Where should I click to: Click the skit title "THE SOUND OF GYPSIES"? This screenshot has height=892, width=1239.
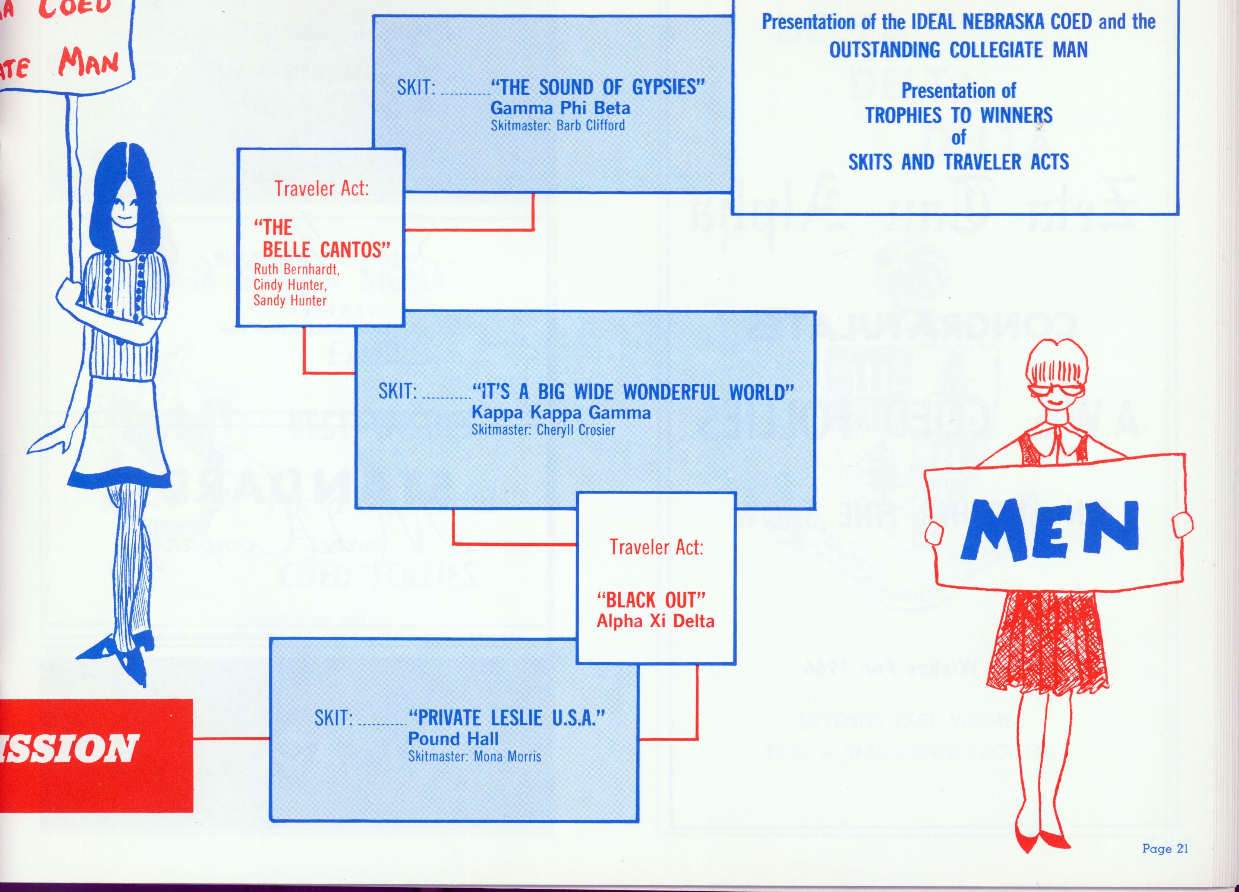[598, 87]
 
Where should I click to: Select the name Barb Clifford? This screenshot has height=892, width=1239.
[590, 126]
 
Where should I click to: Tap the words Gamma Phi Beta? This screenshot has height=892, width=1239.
[560, 108]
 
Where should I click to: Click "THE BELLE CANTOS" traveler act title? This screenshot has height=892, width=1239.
[322, 239]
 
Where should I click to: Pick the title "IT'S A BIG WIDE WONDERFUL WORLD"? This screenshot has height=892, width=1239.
[633, 392]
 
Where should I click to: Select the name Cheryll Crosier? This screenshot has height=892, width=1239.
[576, 430]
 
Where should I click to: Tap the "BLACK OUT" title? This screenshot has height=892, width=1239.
[651, 600]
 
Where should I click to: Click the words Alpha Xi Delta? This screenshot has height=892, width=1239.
[655, 621]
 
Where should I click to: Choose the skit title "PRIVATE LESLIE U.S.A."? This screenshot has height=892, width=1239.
[507, 717]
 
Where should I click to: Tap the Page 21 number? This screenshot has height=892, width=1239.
[1165, 848]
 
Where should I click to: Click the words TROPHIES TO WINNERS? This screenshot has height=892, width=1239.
[958, 115]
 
